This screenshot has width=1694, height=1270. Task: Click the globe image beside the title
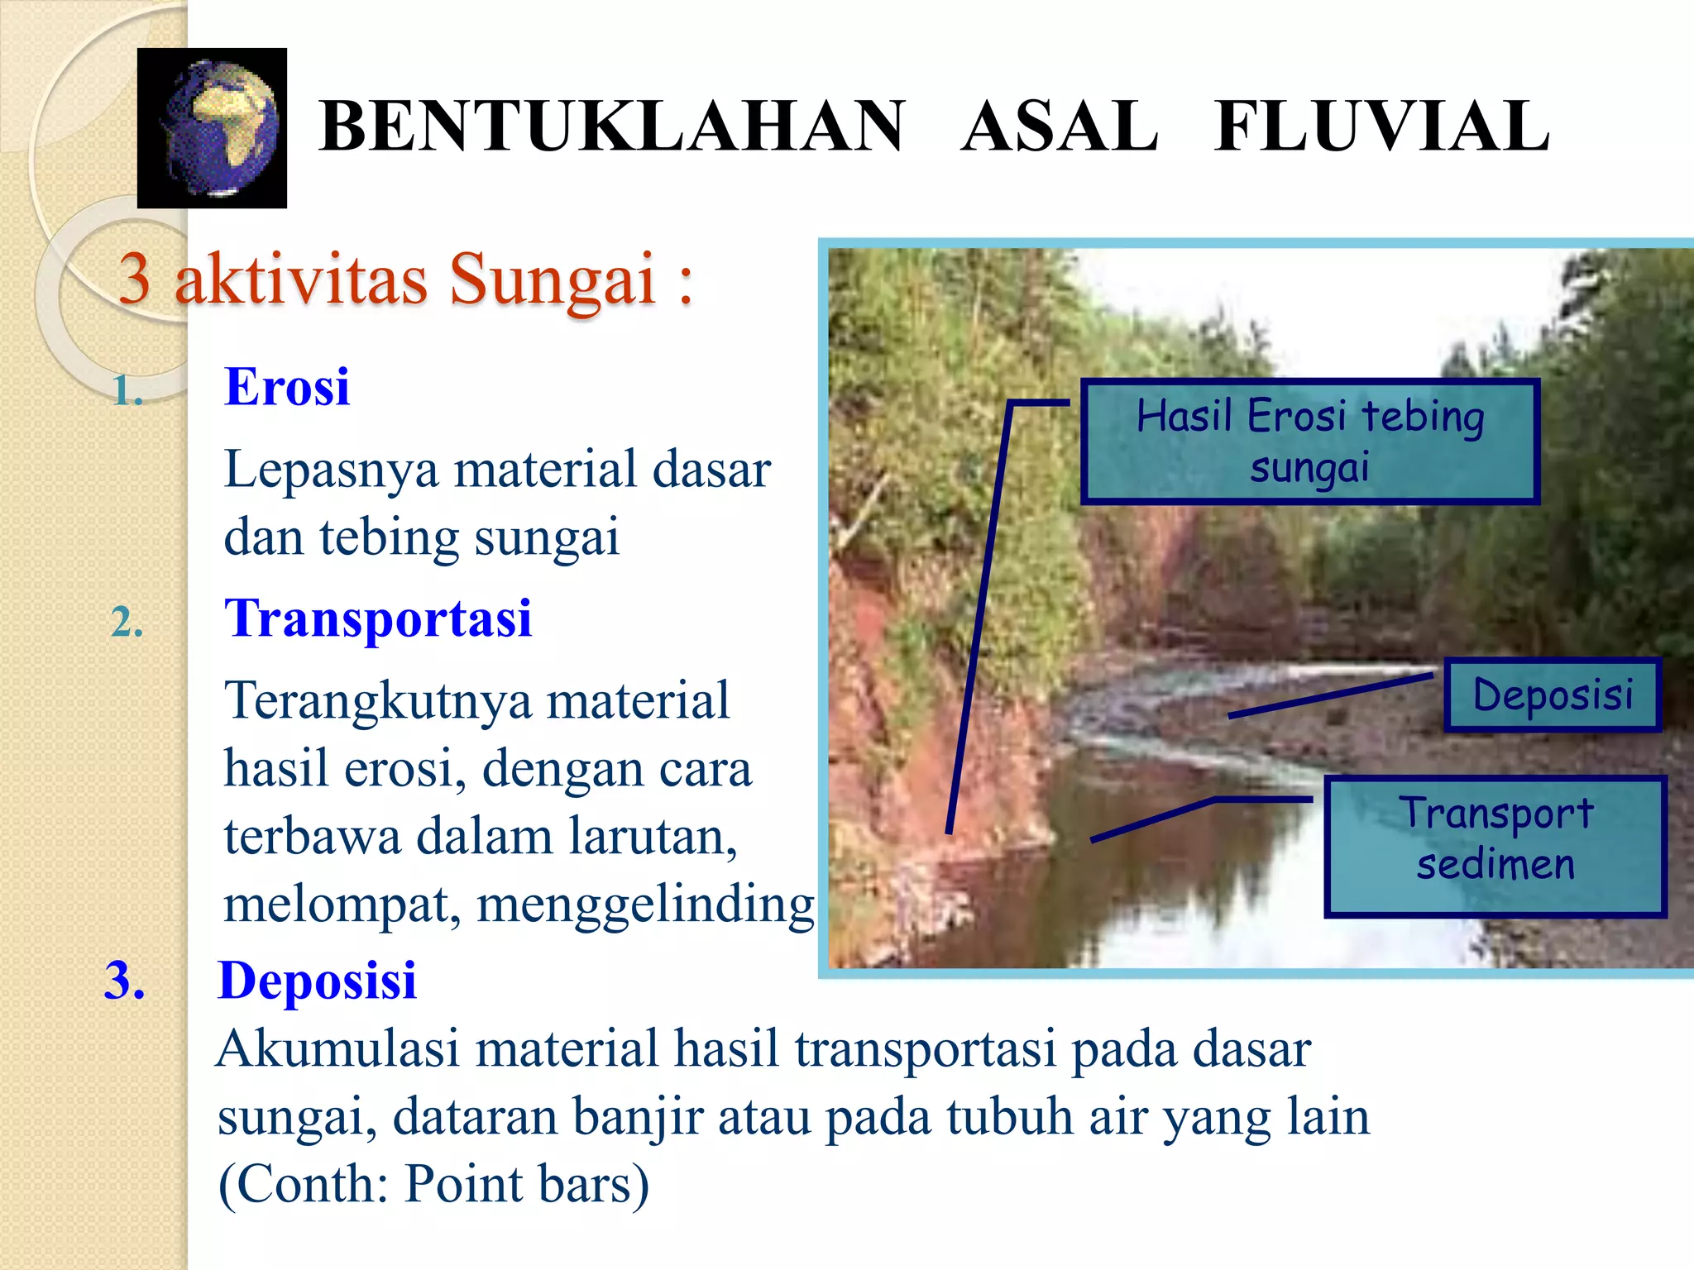click(x=213, y=128)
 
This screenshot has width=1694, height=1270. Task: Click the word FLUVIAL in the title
click(x=1382, y=127)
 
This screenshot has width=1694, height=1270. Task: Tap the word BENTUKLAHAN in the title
click(x=612, y=127)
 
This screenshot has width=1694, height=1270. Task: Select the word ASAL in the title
click(x=1060, y=127)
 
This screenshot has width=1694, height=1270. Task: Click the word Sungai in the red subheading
click(x=552, y=279)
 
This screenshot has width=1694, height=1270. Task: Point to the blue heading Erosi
click(x=287, y=386)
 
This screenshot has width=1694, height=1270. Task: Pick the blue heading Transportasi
click(x=378, y=618)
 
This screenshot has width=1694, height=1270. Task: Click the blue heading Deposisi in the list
click(x=317, y=981)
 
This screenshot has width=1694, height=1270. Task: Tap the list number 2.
click(x=127, y=622)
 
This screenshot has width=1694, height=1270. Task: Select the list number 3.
click(x=124, y=981)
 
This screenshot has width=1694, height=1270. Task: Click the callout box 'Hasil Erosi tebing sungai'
click(x=1309, y=441)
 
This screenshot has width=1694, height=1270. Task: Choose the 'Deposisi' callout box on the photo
click(x=1553, y=695)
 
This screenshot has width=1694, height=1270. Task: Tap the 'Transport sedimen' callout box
click(x=1495, y=846)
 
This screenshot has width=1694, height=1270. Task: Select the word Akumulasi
click(x=337, y=1048)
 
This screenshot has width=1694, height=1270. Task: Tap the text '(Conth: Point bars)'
click(x=433, y=1184)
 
